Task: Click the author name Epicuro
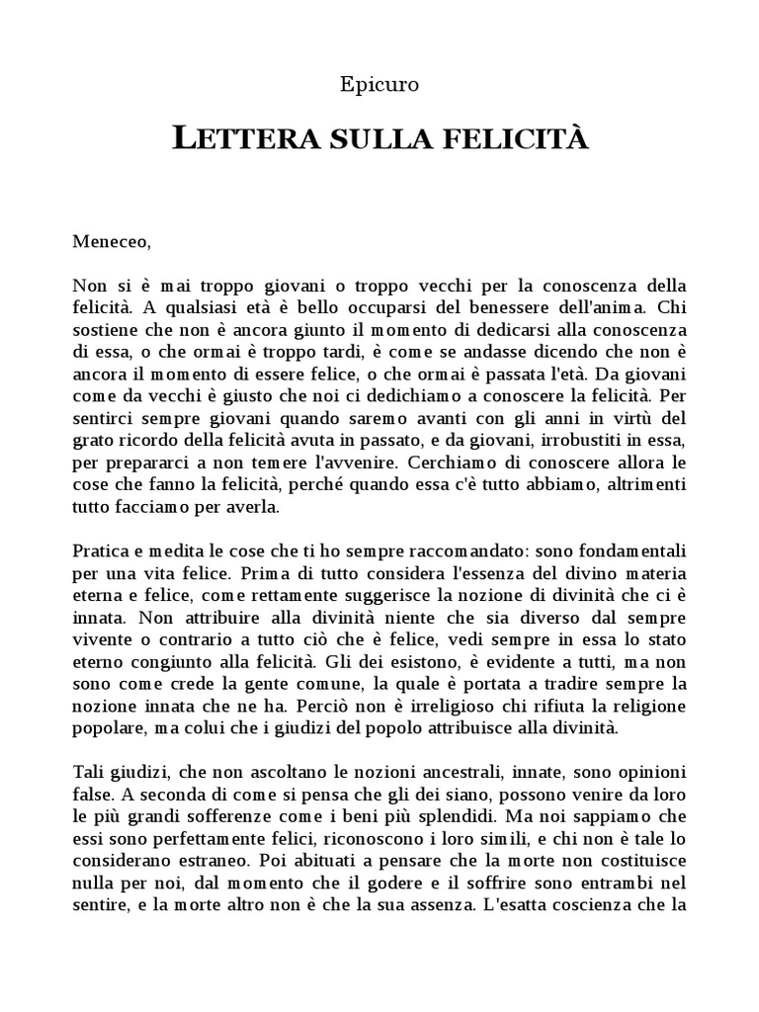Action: (379, 85)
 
